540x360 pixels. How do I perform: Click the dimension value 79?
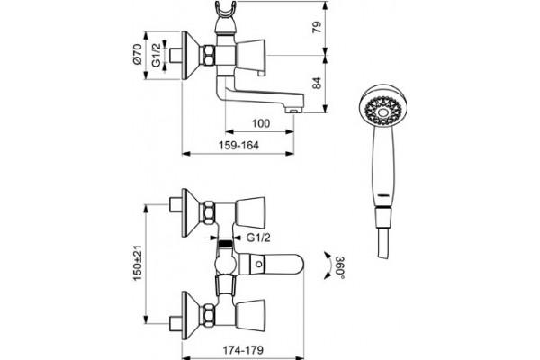[318, 27]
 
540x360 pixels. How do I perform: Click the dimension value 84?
[318, 83]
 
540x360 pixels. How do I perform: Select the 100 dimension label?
[261, 123]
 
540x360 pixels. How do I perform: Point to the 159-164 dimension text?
[238, 146]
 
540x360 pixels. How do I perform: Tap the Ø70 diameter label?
[138, 54]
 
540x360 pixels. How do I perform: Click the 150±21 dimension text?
[138, 263]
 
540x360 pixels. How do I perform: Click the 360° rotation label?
[340, 267]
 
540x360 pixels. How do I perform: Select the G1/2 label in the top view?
[157, 55]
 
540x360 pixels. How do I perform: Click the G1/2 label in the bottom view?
[258, 238]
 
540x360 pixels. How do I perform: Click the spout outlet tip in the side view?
[293, 111]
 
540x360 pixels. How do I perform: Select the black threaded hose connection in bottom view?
[225, 244]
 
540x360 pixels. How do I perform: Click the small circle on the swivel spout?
[258, 265]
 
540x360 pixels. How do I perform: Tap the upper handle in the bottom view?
[250, 212]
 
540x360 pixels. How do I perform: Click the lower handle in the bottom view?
[250, 314]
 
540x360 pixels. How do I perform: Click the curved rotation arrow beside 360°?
[328, 266]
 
